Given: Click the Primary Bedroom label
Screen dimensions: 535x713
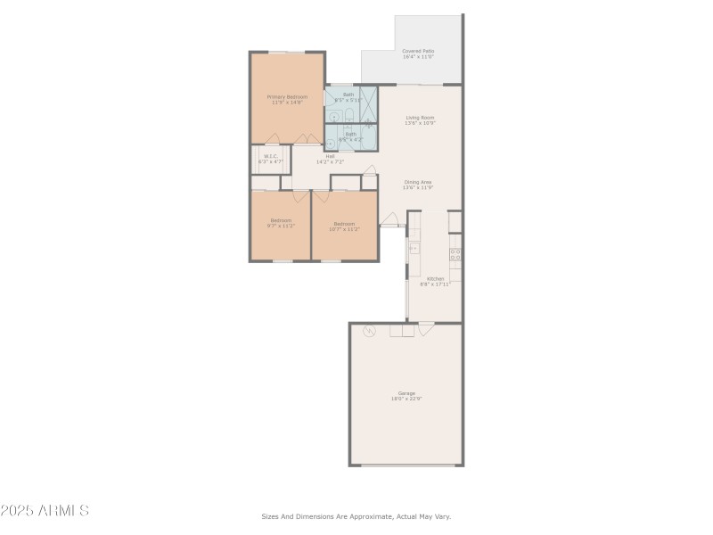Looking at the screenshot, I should click(x=287, y=96).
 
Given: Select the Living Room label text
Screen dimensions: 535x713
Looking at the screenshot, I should click(x=420, y=118).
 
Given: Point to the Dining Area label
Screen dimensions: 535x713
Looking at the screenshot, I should click(x=417, y=182).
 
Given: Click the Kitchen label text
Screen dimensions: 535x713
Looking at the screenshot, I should click(x=435, y=278).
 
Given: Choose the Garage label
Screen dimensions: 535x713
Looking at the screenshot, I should click(x=406, y=393).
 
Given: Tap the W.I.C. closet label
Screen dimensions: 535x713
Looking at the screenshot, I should click(x=270, y=157).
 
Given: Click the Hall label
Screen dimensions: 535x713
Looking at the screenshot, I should click(x=330, y=157).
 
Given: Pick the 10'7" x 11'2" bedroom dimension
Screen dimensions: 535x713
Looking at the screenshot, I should click(x=344, y=229).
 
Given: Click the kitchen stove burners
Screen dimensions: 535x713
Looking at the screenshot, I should click(x=455, y=258).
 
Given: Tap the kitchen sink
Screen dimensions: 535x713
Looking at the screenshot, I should click(x=414, y=246).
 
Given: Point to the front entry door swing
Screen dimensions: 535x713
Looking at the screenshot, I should click(x=389, y=219).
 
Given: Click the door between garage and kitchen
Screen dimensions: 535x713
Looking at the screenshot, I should click(x=426, y=327).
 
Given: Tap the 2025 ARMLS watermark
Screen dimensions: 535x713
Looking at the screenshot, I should click(x=45, y=511).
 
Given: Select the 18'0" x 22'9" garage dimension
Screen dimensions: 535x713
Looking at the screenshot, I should click(x=406, y=399).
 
